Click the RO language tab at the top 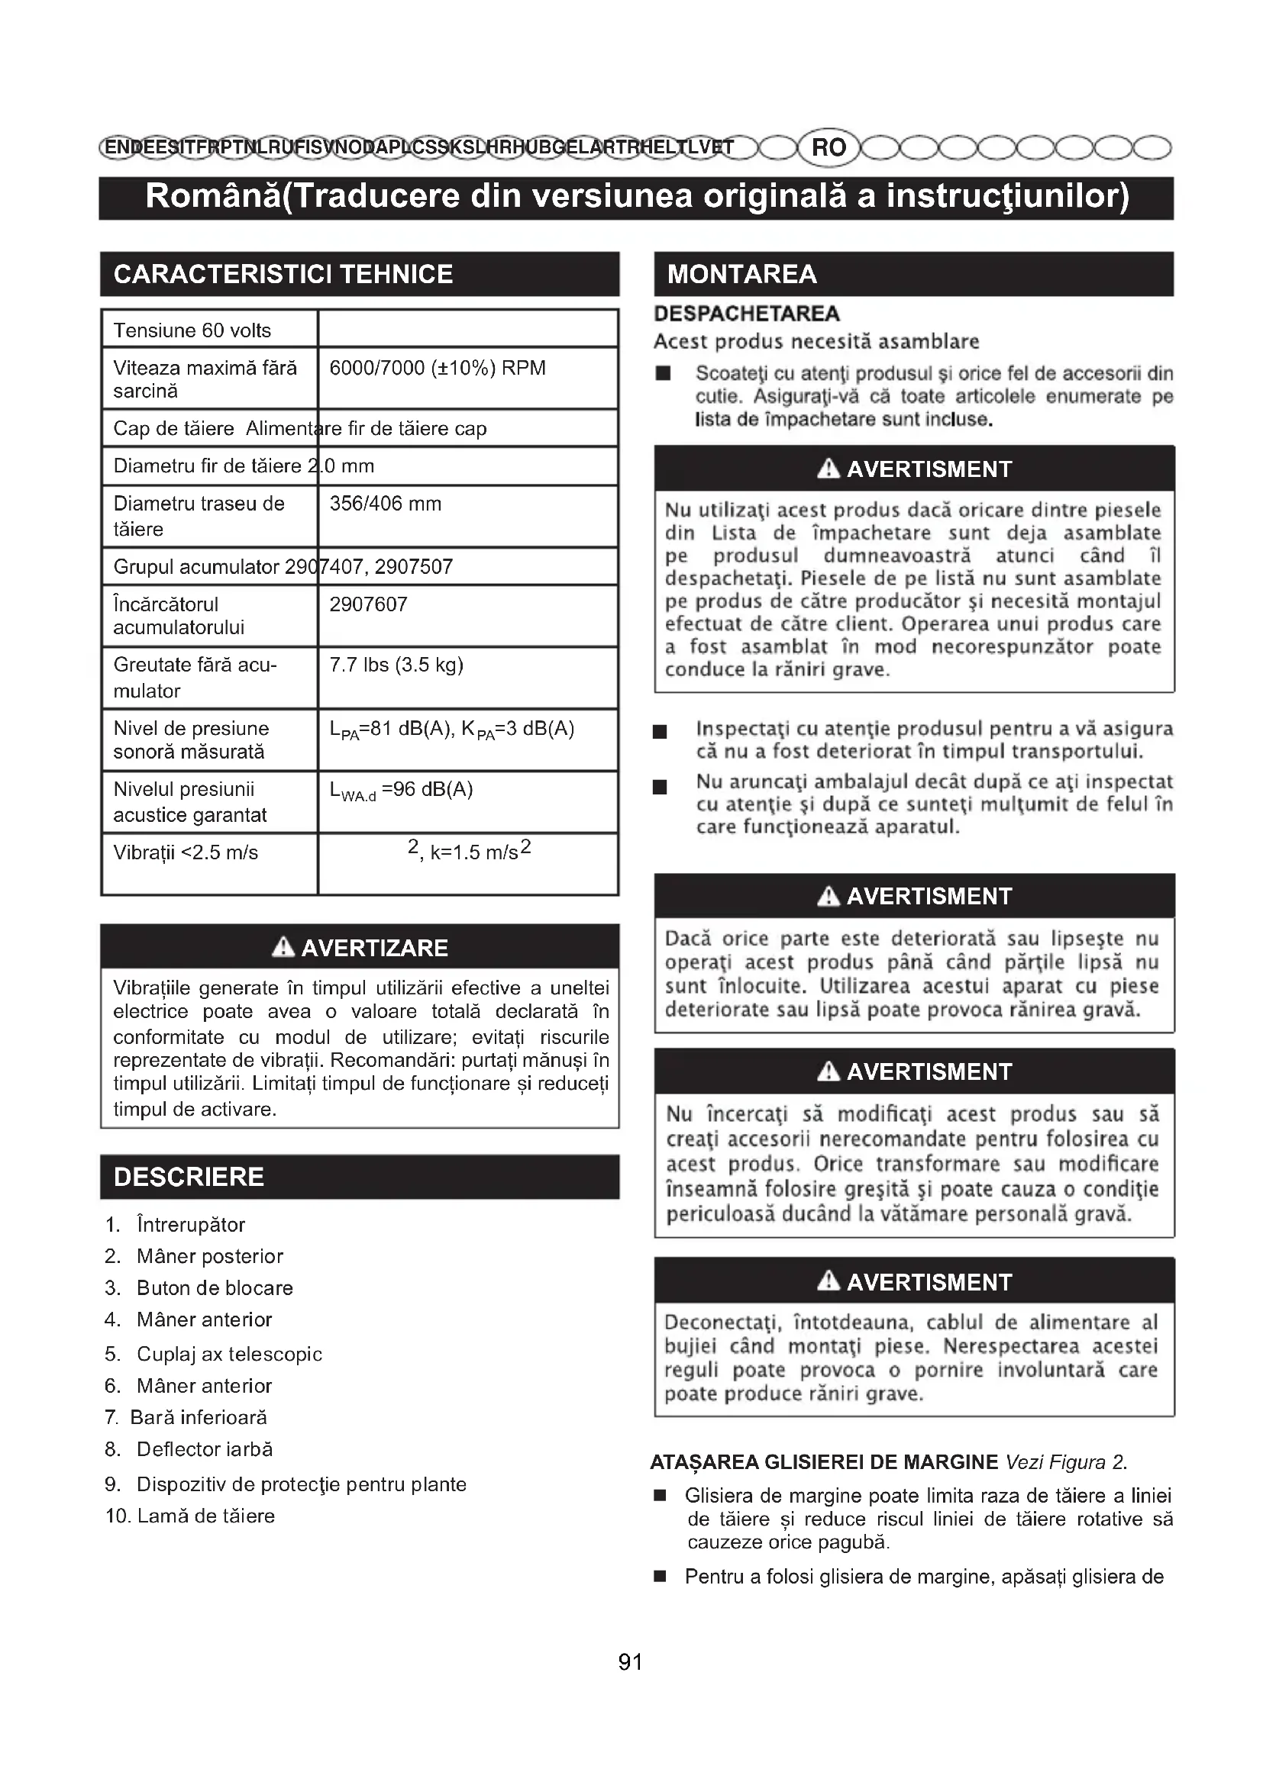click(829, 147)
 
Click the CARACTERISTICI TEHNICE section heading click(283, 275)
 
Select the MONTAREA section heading click(742, 275)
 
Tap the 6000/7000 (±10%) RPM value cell click(437, 368)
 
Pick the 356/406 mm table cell click(385, 504)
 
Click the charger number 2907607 click(368, 604)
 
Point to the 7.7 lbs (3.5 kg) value click(396, 665)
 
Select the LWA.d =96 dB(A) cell click(401, 790)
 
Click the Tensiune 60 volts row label click(192, 330)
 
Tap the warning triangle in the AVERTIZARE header click(283, 947)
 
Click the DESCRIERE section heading click(189, 1176)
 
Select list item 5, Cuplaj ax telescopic click(228, 1354)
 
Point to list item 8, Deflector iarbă click(205, 1448)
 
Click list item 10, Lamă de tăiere click(205, 1516)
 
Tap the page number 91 click(630, 1661)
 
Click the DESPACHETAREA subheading click(747, 314)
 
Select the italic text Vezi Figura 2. click(1065, 1461)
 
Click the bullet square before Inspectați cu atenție click(661, 732)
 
